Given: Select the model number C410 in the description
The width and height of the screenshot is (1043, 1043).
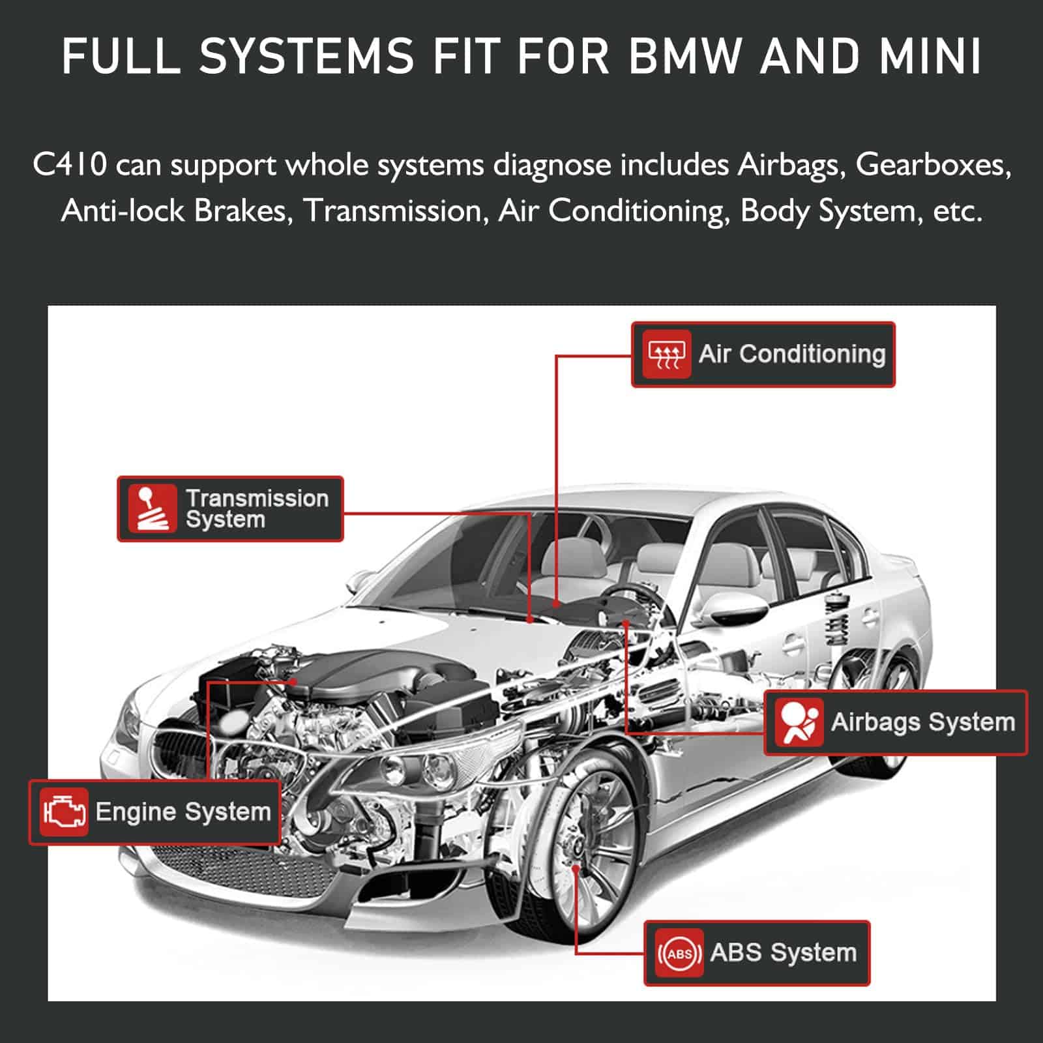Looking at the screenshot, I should click(69, 164).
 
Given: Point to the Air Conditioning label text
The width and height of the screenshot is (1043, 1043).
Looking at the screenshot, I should click(792, 354).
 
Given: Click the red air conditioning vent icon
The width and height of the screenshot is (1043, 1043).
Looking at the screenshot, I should click(666, 354).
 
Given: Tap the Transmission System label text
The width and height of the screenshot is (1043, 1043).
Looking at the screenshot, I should click(257, 508).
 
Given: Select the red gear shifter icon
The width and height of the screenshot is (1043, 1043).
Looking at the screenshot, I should click(152, 508).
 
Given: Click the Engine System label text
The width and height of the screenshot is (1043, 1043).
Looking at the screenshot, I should click(183, 812).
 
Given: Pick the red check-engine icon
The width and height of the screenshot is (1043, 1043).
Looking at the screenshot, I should click(63, 812).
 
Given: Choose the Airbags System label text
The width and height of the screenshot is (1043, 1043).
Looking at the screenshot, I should click(923, 722).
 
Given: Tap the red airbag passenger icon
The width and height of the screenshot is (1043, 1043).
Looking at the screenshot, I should click(799, 722).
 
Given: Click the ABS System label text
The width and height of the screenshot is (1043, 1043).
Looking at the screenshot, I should click(783, 953).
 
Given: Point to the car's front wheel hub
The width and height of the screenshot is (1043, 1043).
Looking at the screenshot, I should click(575, 851).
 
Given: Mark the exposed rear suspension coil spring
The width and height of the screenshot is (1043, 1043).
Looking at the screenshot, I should click(837, 619).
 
